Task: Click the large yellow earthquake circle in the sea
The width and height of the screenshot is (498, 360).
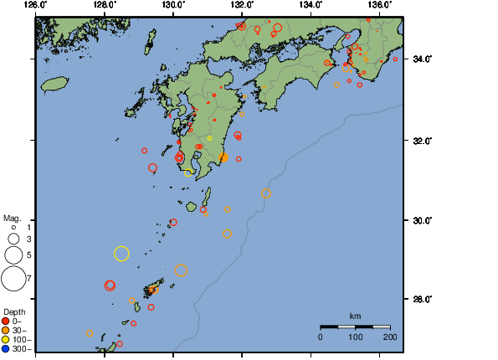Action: click(121, 254)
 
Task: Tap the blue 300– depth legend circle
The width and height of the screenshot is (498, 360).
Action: click(6, 348)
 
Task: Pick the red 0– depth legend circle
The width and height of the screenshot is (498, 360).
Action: click(6, 321)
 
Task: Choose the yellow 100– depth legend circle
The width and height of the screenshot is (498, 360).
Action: click(6, 339)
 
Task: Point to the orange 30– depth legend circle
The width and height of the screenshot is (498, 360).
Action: click(6, 330)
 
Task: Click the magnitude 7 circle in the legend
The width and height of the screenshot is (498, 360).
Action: click(13, 277)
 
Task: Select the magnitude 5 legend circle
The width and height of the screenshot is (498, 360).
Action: click(13, 254)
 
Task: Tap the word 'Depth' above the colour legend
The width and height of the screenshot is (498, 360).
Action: click(14, 311)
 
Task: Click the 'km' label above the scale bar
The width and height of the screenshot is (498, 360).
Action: click(355, 316)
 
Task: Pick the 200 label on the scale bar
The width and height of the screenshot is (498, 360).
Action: click(389, 337)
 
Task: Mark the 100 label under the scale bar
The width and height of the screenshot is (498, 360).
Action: click(355, 337)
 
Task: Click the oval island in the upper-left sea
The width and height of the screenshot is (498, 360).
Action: click(54, 84)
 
